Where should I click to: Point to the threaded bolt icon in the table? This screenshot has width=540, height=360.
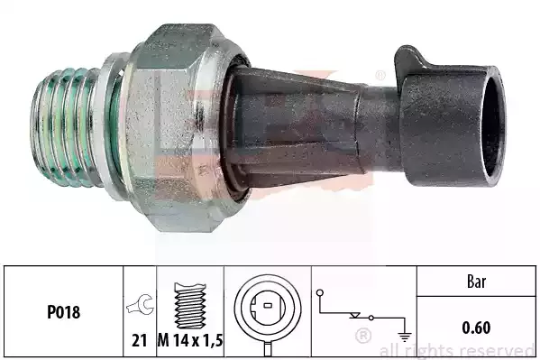[x=190, y=301]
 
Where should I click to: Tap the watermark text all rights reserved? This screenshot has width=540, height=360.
[x=457, y=350]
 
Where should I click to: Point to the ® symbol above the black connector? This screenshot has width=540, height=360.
[x=380, y=75]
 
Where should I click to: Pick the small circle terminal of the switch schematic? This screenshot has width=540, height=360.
[x=321, y=293]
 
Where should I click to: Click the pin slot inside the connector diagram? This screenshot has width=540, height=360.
[x=266, y=311]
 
